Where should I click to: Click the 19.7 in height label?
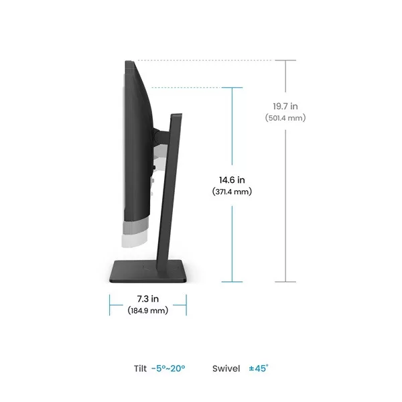click(x=285, y=106)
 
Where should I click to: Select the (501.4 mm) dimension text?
click(x=285, y=118)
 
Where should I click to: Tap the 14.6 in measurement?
click(x=232, y=180)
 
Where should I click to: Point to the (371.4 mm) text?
click(x=232, y=192)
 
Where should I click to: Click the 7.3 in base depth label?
click(x=147, y=299)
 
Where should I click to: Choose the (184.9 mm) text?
click(x=148, y=310)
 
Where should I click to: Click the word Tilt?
click(x=140, y=368)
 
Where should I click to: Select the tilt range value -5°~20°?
click(x=168, y=368)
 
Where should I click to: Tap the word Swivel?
click(x=226, y=368)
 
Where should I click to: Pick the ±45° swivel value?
click(x=259, y=368)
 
